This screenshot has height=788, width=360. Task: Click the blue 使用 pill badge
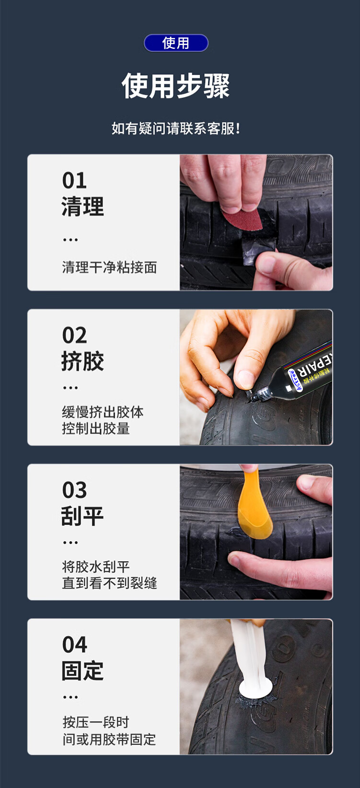tap(176, 43)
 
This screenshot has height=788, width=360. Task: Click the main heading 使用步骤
tap(175, 86)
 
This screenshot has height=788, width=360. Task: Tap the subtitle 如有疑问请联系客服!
tap(175, 128)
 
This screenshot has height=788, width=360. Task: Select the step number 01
tap(74, 181)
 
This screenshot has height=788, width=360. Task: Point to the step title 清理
tap(83, 207)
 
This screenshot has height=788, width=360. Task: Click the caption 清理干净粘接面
tap(109, 267)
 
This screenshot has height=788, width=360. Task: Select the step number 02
tap(74, 335)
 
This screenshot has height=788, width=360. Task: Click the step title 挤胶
tap(83, 361)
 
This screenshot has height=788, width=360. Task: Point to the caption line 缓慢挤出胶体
tap(103, 412)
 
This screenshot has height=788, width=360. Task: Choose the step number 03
tap(74, 490)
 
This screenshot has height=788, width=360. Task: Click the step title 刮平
tap(82, 516)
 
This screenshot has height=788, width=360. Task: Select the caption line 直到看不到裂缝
tap(109, 583)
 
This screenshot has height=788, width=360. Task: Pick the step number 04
tap(75, 645)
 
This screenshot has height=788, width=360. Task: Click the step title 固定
tap(83, 671)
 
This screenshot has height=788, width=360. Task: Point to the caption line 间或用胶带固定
tap(109, 740)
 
